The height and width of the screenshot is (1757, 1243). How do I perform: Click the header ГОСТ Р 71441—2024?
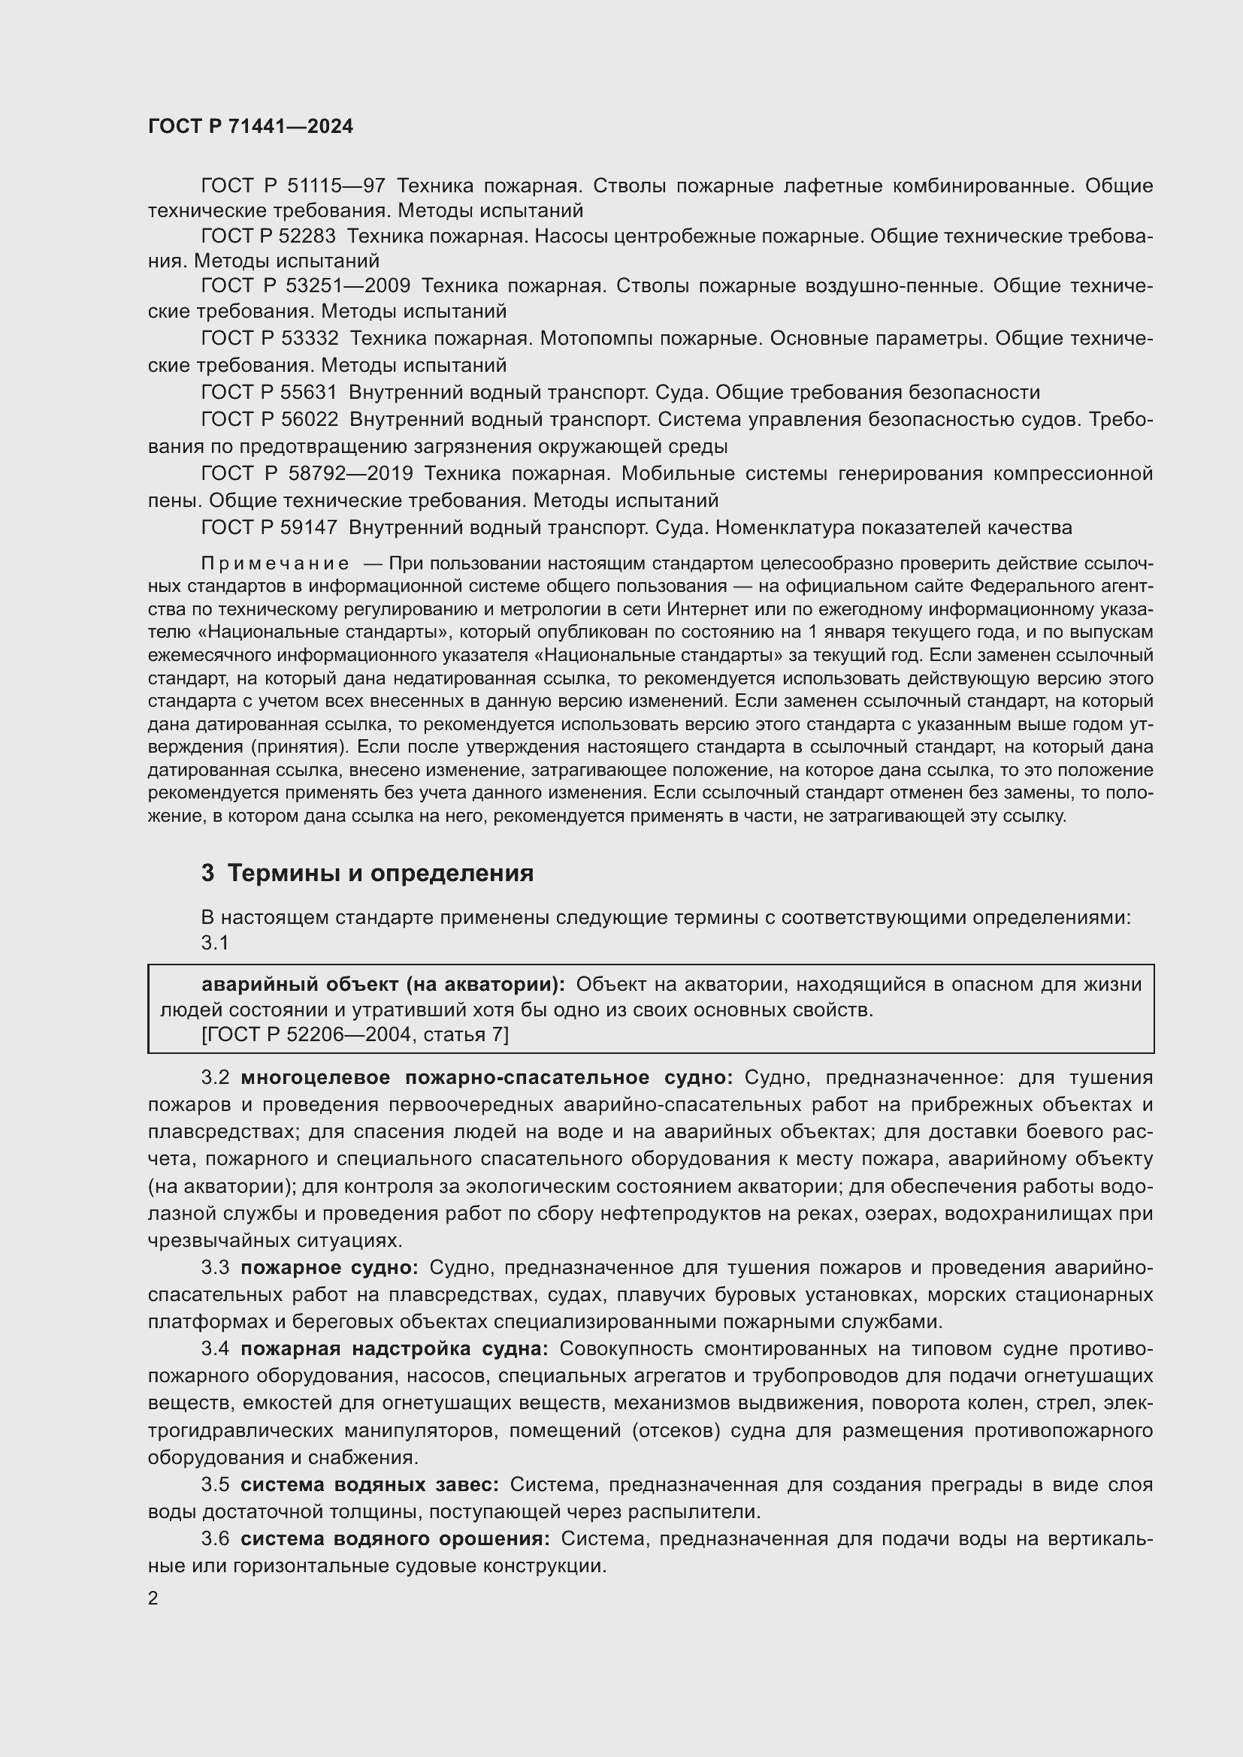pyautogui.click(x=250, y=126)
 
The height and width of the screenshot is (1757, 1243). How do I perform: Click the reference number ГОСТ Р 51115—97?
pyautogui.click(x=292, y=186)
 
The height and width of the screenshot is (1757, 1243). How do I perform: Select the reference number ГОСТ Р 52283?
pyautogui.click(x=268, y=237)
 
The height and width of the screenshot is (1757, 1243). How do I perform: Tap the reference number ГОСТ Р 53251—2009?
pyautogui.click(x=305, y=286)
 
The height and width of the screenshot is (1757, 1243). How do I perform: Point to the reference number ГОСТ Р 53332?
pyautogui.click(x=270, y=338)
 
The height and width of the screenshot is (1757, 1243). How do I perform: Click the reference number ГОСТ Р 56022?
pyautogui.click(x=270, y=419)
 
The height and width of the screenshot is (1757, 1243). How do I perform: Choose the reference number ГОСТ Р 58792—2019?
pyautogui.click(x=306, y=474)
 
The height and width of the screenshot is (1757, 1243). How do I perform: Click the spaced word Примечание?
pyautogui.click(x=275, y=564)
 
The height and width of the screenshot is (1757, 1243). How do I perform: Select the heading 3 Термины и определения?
pyautogui.click(x=367, y=873)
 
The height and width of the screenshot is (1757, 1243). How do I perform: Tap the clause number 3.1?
pyautogui.click(x=215, y=943)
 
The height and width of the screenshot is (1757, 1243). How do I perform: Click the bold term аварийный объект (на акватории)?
pyautogui.click(x=383, y=984)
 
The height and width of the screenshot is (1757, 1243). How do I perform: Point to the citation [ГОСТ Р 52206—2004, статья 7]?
pyautogui.click(x=355, y=1034)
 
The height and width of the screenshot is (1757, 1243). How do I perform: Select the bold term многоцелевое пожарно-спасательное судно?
pyautogui.click(x=487, y=1077)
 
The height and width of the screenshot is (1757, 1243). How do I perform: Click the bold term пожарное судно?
pyautogui.click(x=329, y=1268)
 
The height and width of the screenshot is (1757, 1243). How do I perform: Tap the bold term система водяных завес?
pyautogui.click(x=369, y=1484)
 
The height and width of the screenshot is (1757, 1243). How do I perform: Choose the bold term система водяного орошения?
pyautogui.click(x=395, y=1539)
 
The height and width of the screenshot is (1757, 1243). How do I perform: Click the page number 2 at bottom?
pyautogui.click(x=153, y=1599)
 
